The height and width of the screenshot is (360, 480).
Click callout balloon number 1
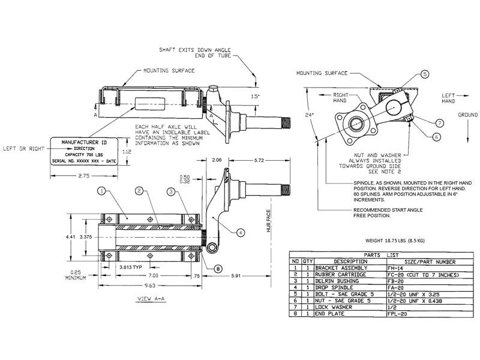coord(102,191)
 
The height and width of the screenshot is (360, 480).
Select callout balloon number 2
coord(139,191)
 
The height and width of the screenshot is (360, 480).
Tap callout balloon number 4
coord(241,232)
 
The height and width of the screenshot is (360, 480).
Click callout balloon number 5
coord(424,74)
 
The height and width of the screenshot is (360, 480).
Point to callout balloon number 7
coord(440,122)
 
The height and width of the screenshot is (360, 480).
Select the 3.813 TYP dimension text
coord(131,266)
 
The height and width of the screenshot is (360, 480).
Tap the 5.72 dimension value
coord(259,161)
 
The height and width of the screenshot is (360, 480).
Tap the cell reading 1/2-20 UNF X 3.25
coord(414,294)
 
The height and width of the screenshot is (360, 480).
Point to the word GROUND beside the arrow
coord(467,114)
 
